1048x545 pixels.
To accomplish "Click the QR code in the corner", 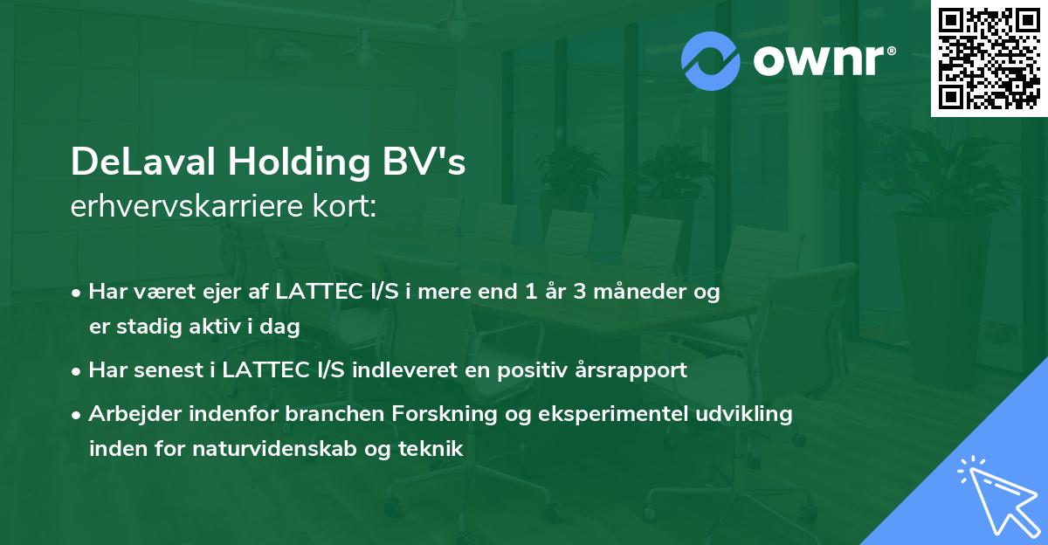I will (x=989, y=58).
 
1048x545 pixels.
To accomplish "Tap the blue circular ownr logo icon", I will (x=712, y=61).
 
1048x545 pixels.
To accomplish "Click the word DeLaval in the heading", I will (x=143, y=162).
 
